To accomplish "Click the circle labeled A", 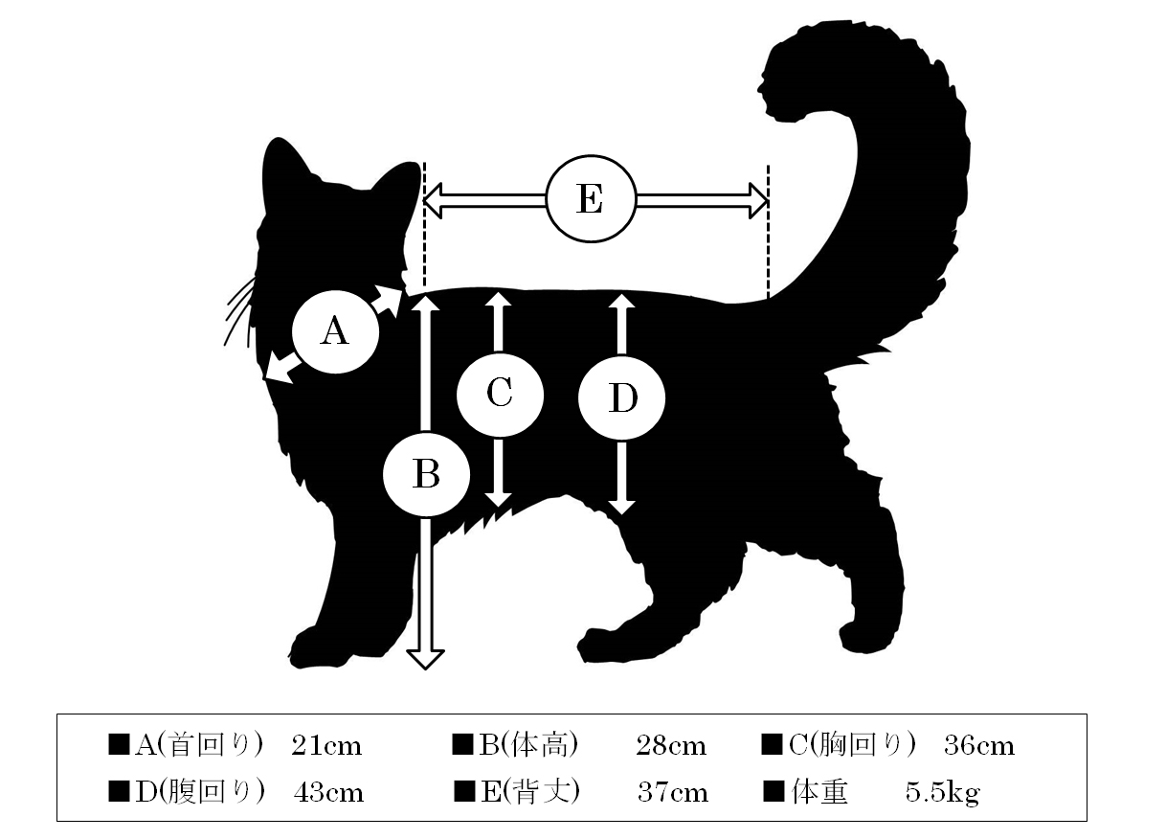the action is pos(335,331).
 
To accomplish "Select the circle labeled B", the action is pos(426,474).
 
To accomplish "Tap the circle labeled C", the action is pos(501,395).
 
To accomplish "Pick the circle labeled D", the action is pos(621,398).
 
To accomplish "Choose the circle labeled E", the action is pos(591,199).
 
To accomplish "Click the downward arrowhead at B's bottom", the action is pos(425,659).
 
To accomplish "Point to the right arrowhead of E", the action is pos(759,200).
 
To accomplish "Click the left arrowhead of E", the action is pos(432,200).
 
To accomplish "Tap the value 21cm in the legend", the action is pos(326,745).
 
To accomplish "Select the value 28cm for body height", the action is pos(671,745).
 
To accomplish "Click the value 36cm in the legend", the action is pos(979,745).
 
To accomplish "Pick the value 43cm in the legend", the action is pos(328,793).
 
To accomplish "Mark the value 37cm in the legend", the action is pos(673,793).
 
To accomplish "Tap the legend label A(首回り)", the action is pos(199,745).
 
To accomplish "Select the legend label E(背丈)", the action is pos(530,792).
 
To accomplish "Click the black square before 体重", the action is pos(774,792).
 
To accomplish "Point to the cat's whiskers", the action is pos(240,312).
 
